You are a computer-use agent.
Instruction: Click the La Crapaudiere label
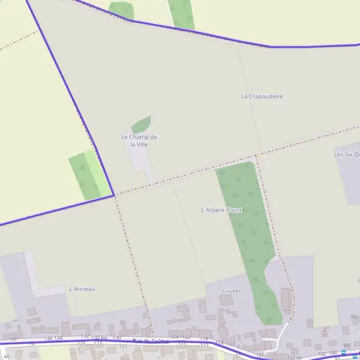[262, 96]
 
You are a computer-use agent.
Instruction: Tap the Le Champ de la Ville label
[139, 140]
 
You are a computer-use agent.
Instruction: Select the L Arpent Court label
[221, 210]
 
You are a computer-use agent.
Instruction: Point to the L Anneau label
[82, 289]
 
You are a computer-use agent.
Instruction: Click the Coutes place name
[231, 291]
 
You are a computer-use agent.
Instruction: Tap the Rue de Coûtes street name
[150, 341]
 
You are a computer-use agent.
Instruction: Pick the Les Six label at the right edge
[346, 154]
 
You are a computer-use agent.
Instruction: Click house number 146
[13, 339]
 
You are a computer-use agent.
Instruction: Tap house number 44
[6, 356]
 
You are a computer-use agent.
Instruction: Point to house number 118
[203, 339]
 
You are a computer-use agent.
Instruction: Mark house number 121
[124, 346]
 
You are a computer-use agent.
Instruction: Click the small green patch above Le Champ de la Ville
[141, 125]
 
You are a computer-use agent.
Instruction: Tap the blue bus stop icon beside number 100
[344, 353]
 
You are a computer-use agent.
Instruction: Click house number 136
[49, 338]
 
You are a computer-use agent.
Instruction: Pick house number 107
[236, 355]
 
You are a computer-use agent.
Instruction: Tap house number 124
[175, 337]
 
